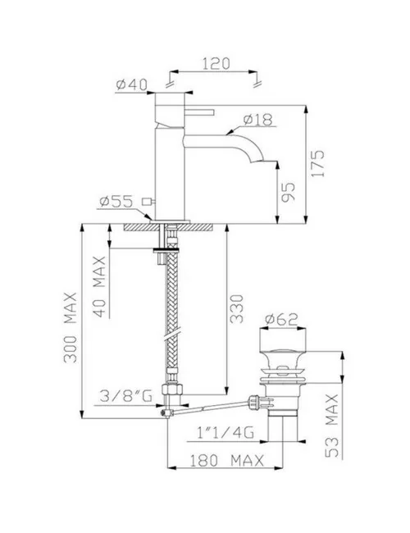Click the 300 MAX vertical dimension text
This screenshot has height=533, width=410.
(x=71, y=325)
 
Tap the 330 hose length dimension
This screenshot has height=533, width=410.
(x=238, y=307)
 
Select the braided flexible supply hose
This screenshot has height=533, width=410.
(x=171, y=312)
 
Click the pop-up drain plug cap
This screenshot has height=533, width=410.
(x=284, y=337)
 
